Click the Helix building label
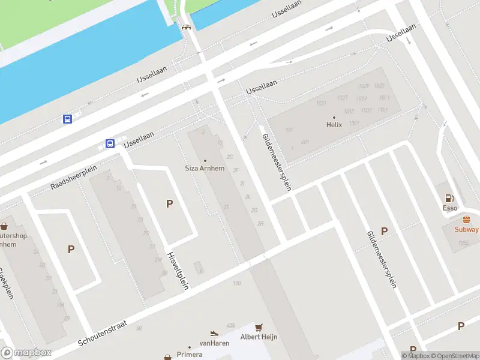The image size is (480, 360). (x=334, y=125)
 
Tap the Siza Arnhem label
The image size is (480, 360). (x=205, y=168)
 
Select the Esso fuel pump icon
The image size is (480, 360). (x=449, y=199)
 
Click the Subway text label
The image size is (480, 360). (x=467, y=229)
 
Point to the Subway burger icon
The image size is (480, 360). (x=467, y=220)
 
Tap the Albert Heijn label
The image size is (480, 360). (x=259, y=337)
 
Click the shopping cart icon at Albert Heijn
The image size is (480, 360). (x=259, y=328)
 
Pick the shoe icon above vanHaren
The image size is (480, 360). (x=214, y=333)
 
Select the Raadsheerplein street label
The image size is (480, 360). (x=74, y=176)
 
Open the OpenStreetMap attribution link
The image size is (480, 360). (x=454, y=356)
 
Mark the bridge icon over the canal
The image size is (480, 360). (x=186, y=27)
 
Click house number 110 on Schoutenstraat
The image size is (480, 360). (x=236, y=283)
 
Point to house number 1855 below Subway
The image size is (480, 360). (x=463, y=242)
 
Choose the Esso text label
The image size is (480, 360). (x=449, y=208)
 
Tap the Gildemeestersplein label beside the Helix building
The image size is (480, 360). (x=277, y=162)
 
